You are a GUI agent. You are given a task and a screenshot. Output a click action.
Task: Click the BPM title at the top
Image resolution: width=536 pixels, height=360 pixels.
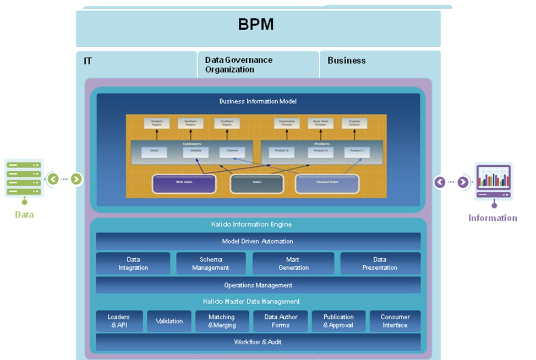pos(256,25)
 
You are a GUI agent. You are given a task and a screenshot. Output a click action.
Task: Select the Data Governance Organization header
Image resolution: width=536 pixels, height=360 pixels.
pos(238,64)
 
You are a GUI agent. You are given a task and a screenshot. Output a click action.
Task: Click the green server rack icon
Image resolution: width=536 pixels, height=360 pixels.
pos(24,178)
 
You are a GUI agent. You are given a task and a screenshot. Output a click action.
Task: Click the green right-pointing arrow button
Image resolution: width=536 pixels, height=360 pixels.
pos(76,179)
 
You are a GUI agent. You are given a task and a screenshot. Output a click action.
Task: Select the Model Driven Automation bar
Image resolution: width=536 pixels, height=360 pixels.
pos(258,241)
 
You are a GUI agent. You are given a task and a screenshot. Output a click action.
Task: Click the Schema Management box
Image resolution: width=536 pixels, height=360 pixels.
pos(210,264)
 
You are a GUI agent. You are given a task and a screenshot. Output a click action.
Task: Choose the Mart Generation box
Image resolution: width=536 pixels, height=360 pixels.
pos(293,264)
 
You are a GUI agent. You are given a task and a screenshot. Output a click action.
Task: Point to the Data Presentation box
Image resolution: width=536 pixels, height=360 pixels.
pos(380,264)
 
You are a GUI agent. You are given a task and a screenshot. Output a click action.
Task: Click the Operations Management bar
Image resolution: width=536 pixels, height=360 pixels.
pos(258,285)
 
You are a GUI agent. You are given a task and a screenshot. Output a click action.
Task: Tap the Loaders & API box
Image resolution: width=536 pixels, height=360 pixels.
pos(119,321)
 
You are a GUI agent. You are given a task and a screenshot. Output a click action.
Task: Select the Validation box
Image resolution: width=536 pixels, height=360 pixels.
pos(169,321)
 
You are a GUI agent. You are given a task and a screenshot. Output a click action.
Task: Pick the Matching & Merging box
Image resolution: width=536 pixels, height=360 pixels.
pos(222,321)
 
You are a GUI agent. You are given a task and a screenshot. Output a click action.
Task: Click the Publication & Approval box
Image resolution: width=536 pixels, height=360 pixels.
pos(338,321)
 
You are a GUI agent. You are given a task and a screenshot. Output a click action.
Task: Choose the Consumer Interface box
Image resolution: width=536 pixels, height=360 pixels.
pos(395,321)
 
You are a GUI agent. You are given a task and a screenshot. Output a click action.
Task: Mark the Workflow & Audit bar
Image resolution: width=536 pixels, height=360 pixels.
pos(258,342)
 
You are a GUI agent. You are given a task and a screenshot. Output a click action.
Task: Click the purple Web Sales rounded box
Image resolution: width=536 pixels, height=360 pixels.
pos(183,184)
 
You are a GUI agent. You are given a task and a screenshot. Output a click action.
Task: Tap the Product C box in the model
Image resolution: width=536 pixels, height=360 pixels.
pos(357,151)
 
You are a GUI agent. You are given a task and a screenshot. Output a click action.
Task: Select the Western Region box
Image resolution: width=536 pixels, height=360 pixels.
pos(157,123)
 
